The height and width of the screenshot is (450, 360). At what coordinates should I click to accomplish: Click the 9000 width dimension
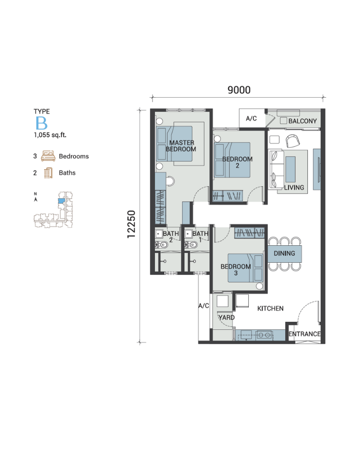point(239,90)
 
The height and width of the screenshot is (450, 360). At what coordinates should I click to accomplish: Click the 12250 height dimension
point(131,224)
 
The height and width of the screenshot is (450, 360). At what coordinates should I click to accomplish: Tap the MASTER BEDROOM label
point(181,146)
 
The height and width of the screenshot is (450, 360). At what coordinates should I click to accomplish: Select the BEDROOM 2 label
point(238,162)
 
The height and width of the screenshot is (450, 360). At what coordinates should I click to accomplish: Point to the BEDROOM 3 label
point(236,270)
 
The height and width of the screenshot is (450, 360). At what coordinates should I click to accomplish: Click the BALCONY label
point(302,121)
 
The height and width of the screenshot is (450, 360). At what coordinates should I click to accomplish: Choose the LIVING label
point(294,187)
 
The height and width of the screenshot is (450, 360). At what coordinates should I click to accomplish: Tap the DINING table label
point(284,253)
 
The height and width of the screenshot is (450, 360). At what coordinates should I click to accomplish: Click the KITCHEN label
point(270,309)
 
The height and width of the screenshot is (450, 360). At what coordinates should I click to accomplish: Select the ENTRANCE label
point(305,334)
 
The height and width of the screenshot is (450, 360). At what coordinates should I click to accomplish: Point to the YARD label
point(226,317)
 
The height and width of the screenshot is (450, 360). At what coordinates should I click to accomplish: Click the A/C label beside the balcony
point(251,118)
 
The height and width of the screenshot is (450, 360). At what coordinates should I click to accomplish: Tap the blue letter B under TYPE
point(41,123)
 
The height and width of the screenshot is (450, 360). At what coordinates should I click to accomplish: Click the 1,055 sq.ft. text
point(50,135)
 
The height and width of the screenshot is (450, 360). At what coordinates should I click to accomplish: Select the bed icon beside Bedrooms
point(48,156)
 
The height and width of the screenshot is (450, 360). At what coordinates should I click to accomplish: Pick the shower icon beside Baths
point(48,173)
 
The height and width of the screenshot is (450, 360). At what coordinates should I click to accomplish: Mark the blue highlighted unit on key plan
point(61,201)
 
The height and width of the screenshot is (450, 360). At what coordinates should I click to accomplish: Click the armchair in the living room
point(293,140)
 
